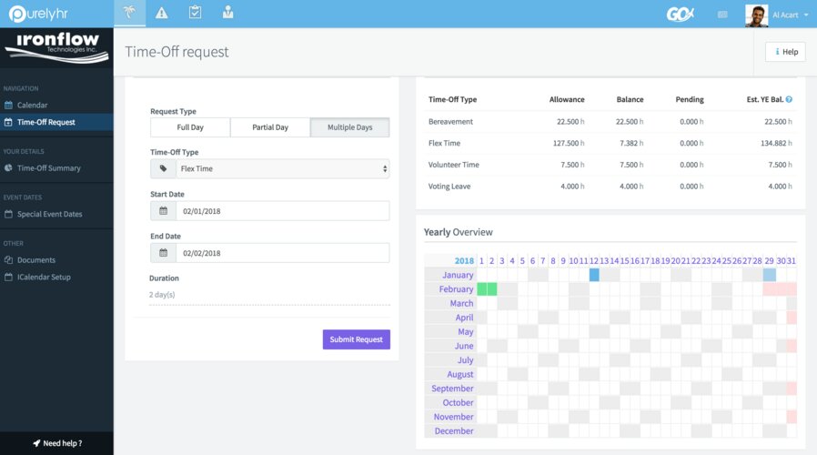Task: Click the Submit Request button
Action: point(356,339)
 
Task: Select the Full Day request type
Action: point(190,127)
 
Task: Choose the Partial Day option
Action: point(270,127)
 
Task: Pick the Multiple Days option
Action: point(350,127)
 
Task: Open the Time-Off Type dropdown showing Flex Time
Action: point(282,168)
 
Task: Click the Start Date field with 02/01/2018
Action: point(282,211)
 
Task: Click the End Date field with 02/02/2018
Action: point(282,253)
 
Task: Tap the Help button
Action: point(785,52)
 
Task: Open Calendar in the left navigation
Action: point(32,106)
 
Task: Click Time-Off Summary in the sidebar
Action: point(48,168)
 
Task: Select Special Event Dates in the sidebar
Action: point(49,215)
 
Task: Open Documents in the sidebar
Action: point(36,260)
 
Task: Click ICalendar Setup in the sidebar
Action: point(44,277)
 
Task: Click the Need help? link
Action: point(57,443)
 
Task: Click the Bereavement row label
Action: point(450,121)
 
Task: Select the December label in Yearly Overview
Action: point(454,431)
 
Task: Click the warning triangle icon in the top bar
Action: point(161,13)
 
